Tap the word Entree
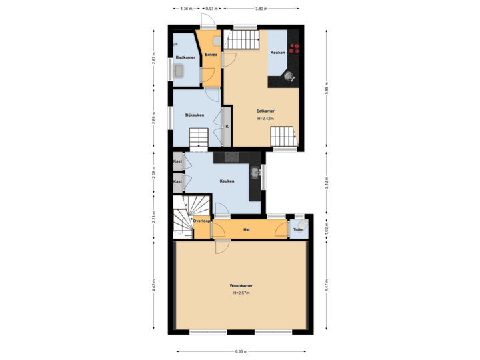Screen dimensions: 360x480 pos(210,54)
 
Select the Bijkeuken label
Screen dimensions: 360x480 pos(195,115)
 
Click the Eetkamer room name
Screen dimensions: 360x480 pos(265,111)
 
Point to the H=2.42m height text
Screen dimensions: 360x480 pos(265,119)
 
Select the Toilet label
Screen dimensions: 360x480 pos(298,230)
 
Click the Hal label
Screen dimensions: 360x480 pos(246,230)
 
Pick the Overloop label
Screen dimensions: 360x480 pos(202,220)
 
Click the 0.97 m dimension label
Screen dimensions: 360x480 pos(211,9)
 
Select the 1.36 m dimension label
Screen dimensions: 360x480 pos(187,9)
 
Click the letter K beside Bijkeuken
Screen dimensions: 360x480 pos(227,126)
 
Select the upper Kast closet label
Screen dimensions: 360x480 pos(177,162)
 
